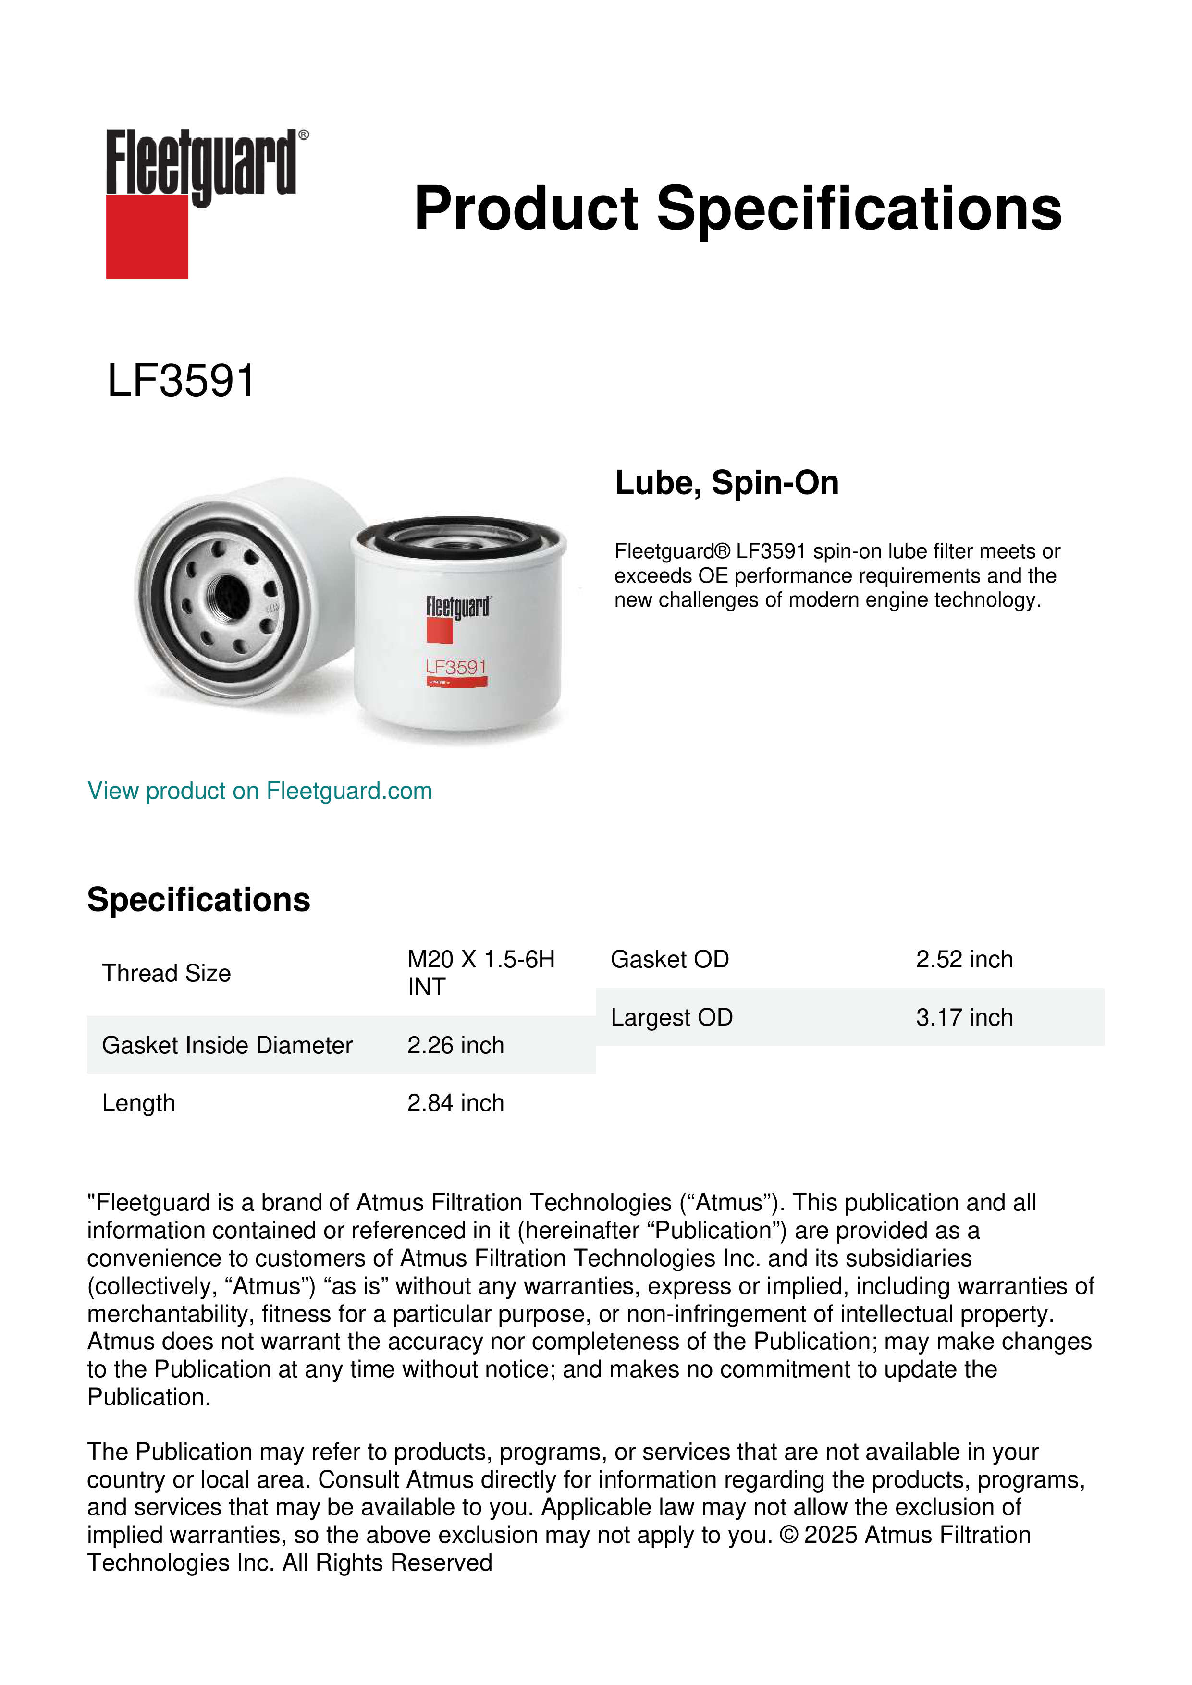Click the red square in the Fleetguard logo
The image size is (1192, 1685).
[147, 236]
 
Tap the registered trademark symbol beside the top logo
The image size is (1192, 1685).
[304, 135]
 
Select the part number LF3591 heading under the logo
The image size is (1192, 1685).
[181, 381]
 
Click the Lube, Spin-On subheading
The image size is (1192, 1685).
[726, 483]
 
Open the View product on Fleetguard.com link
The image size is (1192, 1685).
[259, 791]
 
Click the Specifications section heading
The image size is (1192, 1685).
[198, 900]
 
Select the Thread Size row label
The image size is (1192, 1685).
[167, 973]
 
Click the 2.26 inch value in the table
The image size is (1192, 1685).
[456, 1045]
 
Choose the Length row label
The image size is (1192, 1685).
[139, 1103]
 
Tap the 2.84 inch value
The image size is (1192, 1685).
[456, 1103]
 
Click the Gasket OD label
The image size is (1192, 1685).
[669, 959]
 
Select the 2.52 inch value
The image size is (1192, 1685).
[964, 959]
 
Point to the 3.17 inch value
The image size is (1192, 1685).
[964, 1017]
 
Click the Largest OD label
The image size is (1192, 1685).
[672, 1017]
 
